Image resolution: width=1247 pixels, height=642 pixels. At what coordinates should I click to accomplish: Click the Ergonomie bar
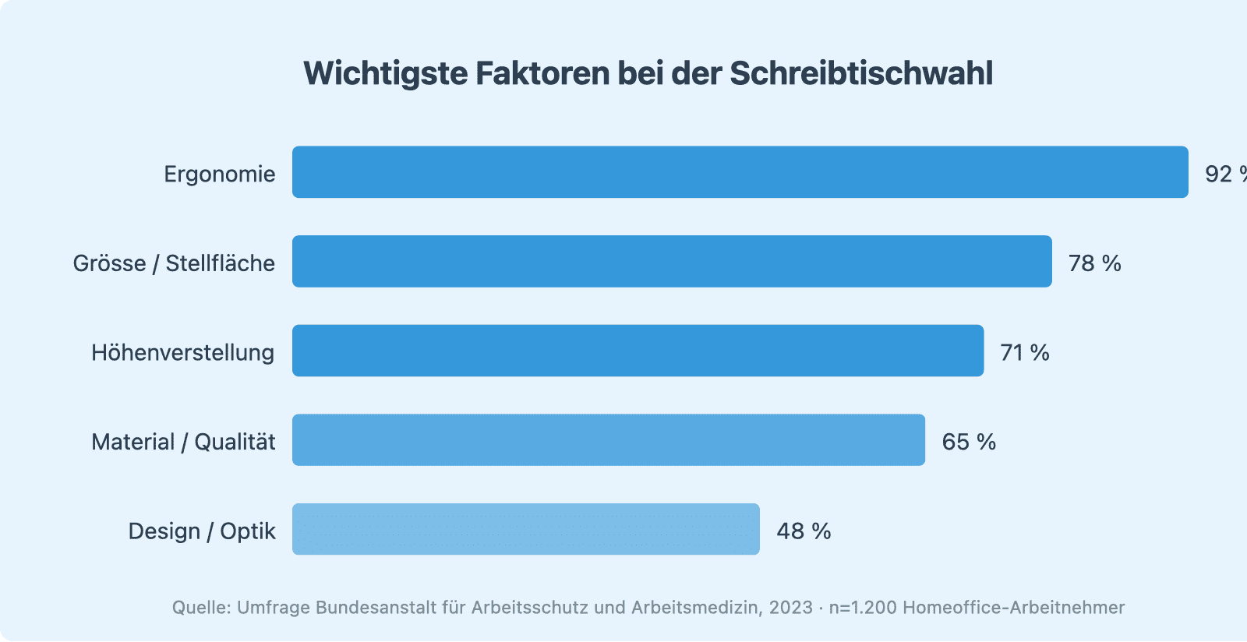tap(740, 172)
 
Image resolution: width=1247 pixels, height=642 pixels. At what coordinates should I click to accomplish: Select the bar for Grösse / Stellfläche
tap(672, 262)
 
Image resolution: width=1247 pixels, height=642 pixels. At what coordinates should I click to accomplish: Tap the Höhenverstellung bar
tap(638, 351)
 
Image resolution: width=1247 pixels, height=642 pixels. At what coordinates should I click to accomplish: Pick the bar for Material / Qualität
tap(609, 440)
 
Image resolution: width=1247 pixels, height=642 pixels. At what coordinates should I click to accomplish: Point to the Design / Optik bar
tap(526, 529)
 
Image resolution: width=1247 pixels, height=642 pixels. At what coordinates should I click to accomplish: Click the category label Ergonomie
tap(220, 174)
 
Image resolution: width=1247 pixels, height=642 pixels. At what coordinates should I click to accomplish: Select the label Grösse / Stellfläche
tap(174, 263)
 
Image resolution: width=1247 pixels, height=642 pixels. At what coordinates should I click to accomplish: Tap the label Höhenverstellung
tap(183, 353)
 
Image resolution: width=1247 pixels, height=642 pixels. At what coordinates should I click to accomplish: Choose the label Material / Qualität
tap(183, 442)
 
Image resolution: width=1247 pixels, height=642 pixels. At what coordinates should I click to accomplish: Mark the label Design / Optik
tap(202, 531)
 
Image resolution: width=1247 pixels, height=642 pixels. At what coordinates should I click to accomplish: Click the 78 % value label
tap(1094, 263)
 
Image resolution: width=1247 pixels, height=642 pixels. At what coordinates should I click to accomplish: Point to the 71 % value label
tap(1025, 353)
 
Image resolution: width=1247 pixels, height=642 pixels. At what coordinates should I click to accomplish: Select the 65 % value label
tap(969, 442)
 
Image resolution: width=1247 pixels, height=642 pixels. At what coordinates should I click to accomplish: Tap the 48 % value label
tap(804, 531)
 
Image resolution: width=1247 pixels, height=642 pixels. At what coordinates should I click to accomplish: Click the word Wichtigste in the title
tap(385, 73)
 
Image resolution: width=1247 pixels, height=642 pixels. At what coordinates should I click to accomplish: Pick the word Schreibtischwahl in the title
tap(861, 73)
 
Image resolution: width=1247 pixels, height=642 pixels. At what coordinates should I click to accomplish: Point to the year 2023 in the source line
tap(790, 608)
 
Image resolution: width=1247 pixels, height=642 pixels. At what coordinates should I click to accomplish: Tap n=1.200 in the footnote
tap(863, 608)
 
